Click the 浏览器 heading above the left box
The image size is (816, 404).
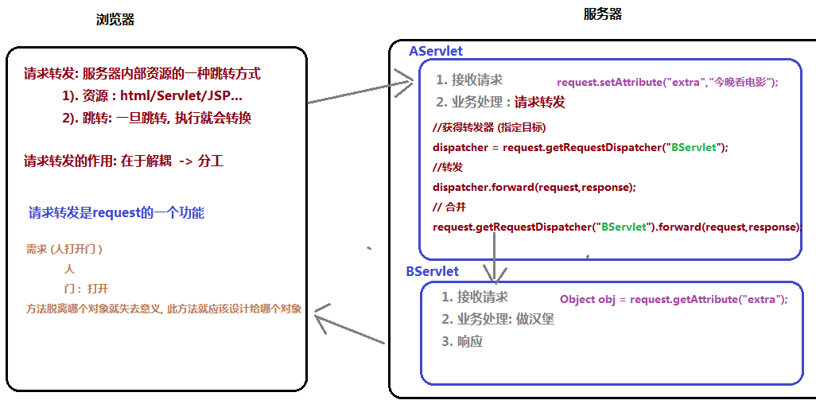[x=115, y=20]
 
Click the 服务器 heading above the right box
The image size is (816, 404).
[x=603, y=14]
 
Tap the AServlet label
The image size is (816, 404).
[x=436, y=51]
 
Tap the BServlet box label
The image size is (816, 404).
[x=433, y=271]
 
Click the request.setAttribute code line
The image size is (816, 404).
[x=667, y=82]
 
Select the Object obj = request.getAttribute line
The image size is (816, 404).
[x=674, y=299]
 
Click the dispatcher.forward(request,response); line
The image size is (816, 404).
[x=534, y=187]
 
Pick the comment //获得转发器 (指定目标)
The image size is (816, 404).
[x=489, y=127]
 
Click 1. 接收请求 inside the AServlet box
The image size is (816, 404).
[x=469, y=80]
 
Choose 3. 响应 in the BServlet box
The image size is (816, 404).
[x=462, y=342]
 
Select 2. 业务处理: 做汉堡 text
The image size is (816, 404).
[x=498, y=320]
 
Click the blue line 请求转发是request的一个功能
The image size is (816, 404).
[x=116, y=213]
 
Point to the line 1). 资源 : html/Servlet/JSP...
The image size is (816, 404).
[x=152, y=96]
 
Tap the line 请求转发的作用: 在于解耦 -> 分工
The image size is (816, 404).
[x=124, y=161]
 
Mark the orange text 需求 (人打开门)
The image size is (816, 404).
[x=64, y=249]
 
